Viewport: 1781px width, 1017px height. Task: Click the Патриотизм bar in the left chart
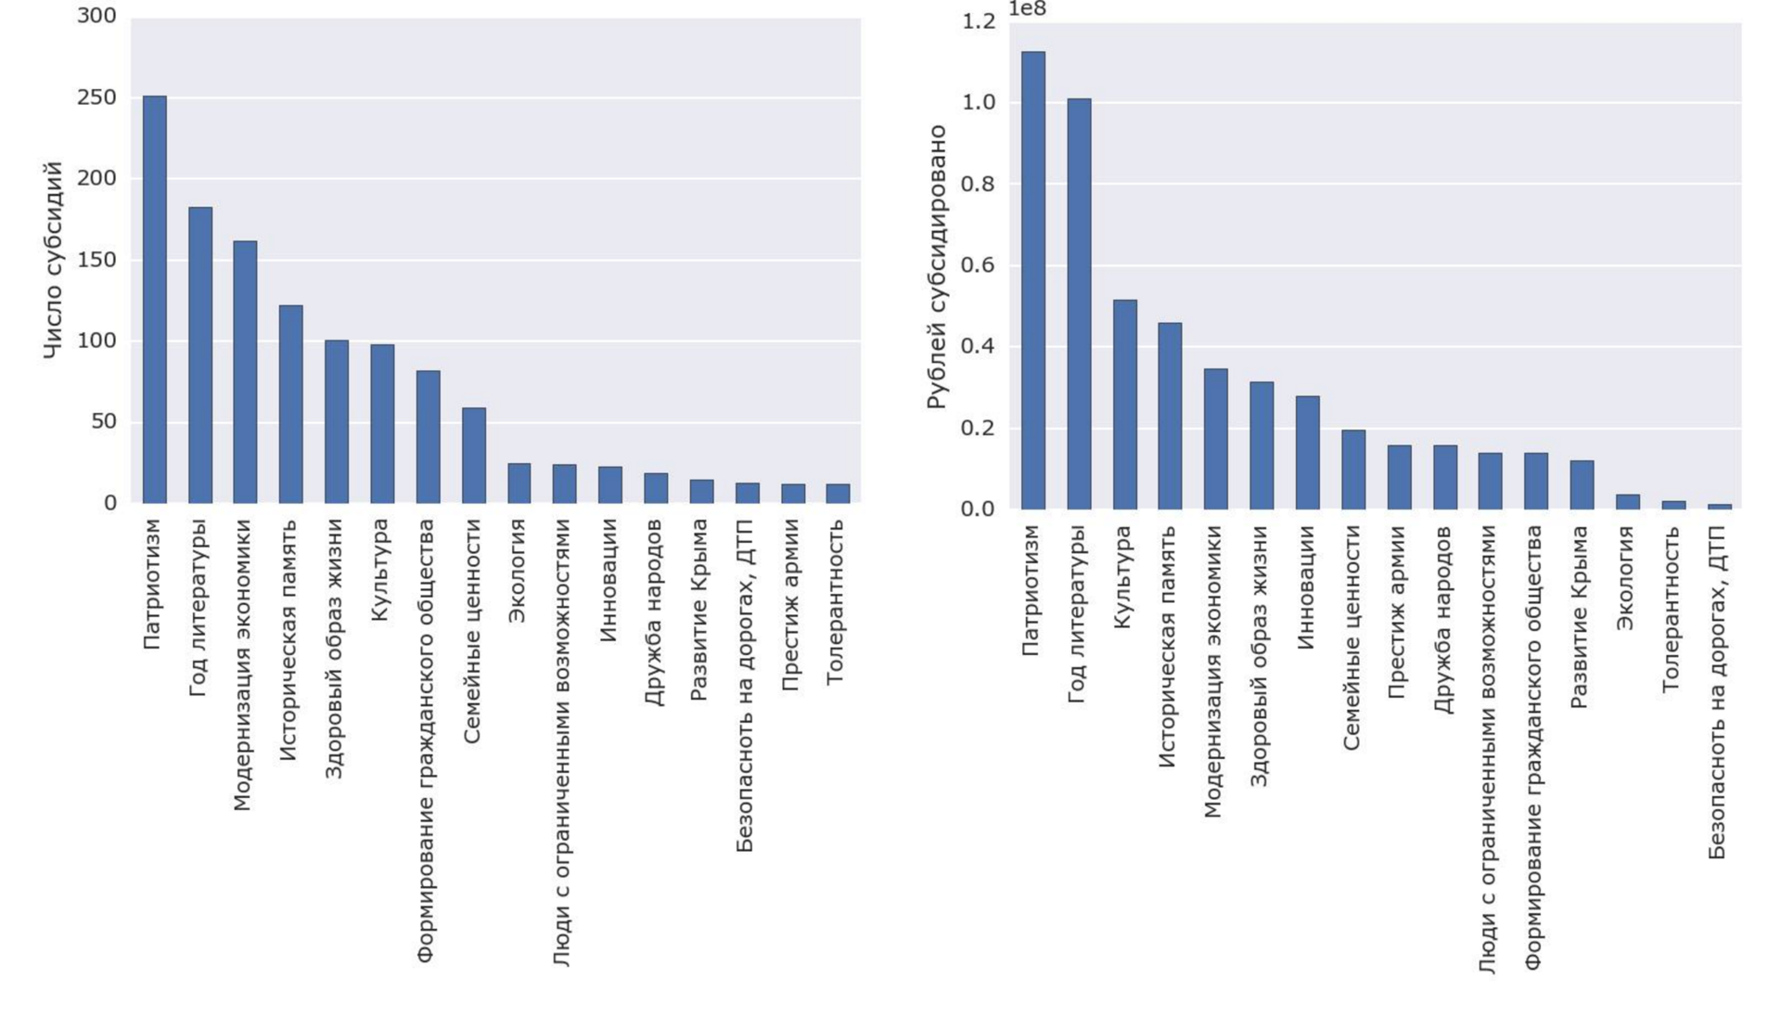tap(154, 299)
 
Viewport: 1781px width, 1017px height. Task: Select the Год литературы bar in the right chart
tap(1079, 303)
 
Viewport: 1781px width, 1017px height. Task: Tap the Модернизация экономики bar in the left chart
tap(245, 372)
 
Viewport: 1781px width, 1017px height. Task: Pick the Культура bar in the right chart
tap(1124, 404)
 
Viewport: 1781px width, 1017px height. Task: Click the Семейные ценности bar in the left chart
tap(474, 455)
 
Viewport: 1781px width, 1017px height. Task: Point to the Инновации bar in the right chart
tap(1307, 452)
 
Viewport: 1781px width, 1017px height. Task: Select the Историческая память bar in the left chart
tap(290, 404)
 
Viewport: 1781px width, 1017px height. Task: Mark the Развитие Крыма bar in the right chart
tap(1582, 484)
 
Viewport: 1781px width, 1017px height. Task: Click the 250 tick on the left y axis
tap(96, 97)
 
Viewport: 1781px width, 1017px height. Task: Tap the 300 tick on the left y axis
tap(96, 16)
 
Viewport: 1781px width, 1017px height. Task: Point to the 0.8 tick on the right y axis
tap(978, 184)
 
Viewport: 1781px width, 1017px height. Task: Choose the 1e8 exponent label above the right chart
tap(1027, 9)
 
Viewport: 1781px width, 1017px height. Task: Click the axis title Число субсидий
tap(54, 260)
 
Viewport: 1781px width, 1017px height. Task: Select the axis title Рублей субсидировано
tap(937, 266)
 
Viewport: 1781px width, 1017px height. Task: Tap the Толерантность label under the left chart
tap(836, 601)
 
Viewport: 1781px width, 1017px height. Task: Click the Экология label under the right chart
tap(1625, 577)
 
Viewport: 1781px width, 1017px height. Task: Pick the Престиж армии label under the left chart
tap(790, 604)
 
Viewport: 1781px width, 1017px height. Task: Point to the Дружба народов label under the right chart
tap(1443, 619)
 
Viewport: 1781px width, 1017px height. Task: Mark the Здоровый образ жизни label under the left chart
tap(334, 648)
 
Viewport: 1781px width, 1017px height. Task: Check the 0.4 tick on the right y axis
tap(978, 346)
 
